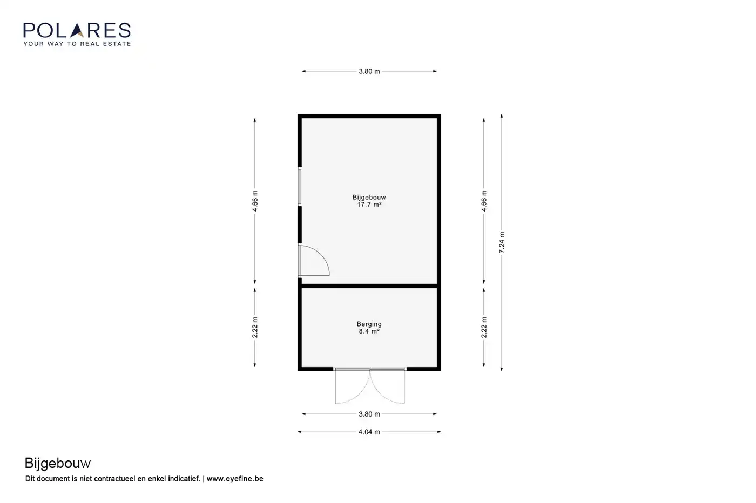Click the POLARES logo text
[x=77, y=30]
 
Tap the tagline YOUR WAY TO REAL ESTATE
[x=77, y=44]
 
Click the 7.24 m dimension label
[x=502, y=242]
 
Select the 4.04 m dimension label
[x=369, y=432]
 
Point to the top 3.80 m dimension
[x=369, y=71]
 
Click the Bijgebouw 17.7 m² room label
[x=369, y=201]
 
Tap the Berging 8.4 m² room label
[x=369, y=328]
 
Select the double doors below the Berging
[x=370, y=386]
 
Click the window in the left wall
[x=299, y=187]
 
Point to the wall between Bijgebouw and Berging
[x=369, y=286]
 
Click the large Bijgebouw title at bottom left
[x=58, y=463]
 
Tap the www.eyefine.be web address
[x=235, y=479]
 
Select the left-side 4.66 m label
[x=255, y=201]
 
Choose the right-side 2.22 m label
[x=484, y=327]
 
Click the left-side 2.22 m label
[x=255, y=327]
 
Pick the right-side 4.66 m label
[x=484, y=201]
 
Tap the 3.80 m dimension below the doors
[x=369, y=414]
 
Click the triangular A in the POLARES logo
[x=78, y=30]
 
